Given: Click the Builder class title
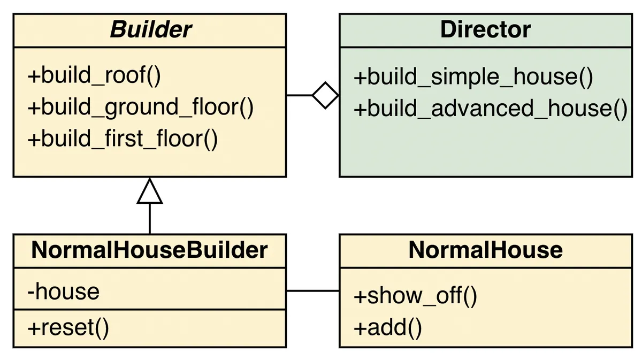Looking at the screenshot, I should tap(150, 30).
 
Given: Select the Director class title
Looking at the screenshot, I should tap(485, 30).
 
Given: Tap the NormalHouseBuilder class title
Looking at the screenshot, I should tap(149, 250).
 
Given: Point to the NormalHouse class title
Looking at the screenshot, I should tap(485, 250).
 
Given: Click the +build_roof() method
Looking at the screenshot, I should tap(94, 76).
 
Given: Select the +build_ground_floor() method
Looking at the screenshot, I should tap(140, 108).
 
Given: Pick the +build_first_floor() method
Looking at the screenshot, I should tap(123, 139).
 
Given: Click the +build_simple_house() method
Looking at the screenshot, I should tap(473, 77).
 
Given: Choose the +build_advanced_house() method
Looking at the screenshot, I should tap(490, 109).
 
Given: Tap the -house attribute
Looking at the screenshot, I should tap(63, 292).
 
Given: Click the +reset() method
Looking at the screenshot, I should tap(68, 327).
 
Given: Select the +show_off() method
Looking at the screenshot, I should tap(415, 296).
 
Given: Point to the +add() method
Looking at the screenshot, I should tap(387, 327).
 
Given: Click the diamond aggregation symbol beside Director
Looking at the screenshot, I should tap(325, 95).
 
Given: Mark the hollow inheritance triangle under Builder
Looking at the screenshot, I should tap(149, 192).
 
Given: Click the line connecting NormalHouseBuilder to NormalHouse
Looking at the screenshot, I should tap(312, 291).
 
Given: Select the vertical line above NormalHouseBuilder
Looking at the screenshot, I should tap(149, 219).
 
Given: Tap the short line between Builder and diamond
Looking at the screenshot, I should tap(299, 95).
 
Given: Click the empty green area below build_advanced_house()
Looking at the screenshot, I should tap(485, 150).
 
